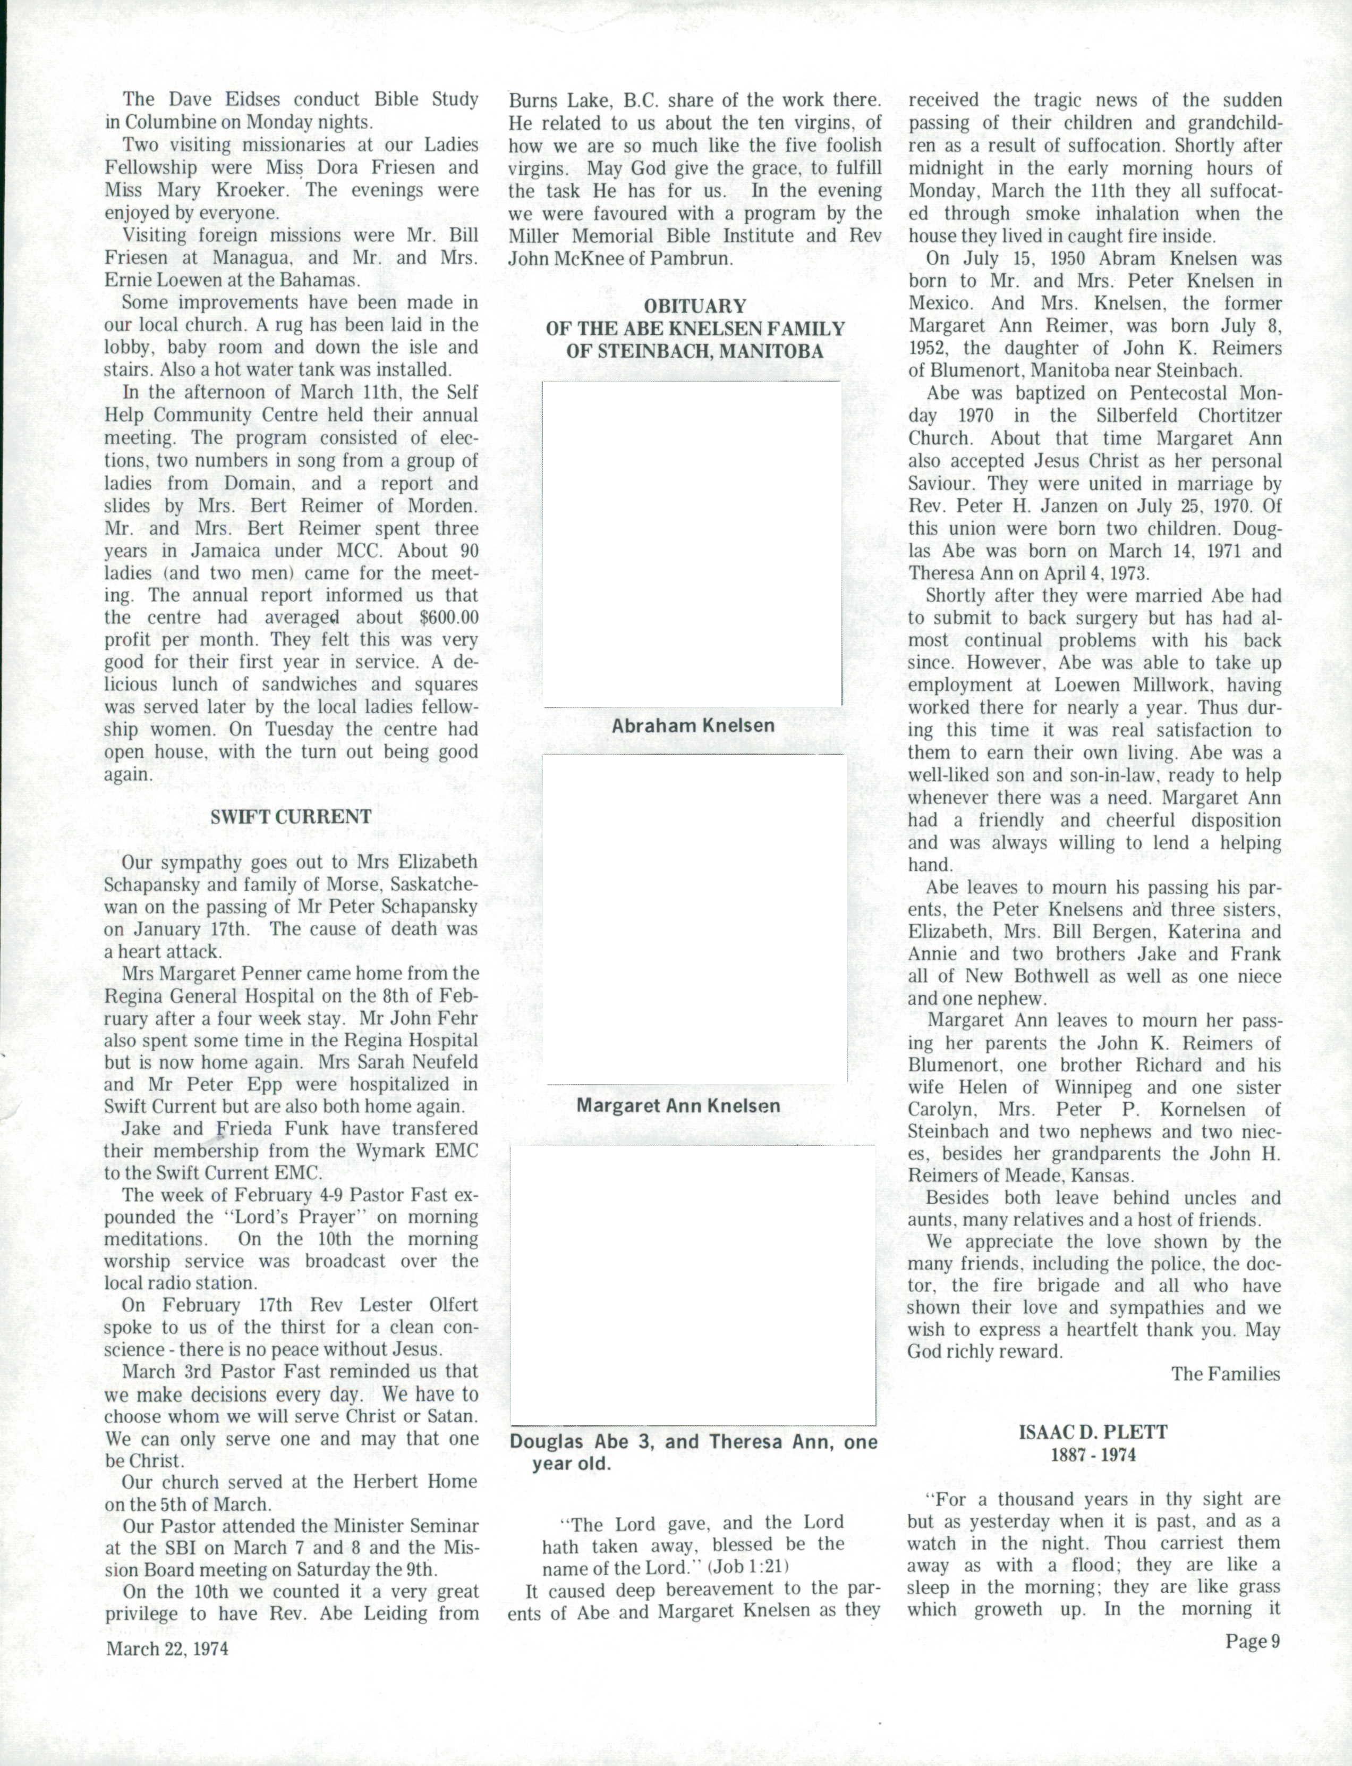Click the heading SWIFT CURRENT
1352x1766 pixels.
tap(291, 816)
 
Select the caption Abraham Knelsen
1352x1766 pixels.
tap(693, 725)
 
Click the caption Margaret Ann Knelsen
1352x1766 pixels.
tap(678, 1105)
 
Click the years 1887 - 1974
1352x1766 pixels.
tap(1094, 1455)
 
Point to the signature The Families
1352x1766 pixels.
tap(1225, 1373)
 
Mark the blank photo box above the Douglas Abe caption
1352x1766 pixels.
tap(692, 1285)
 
